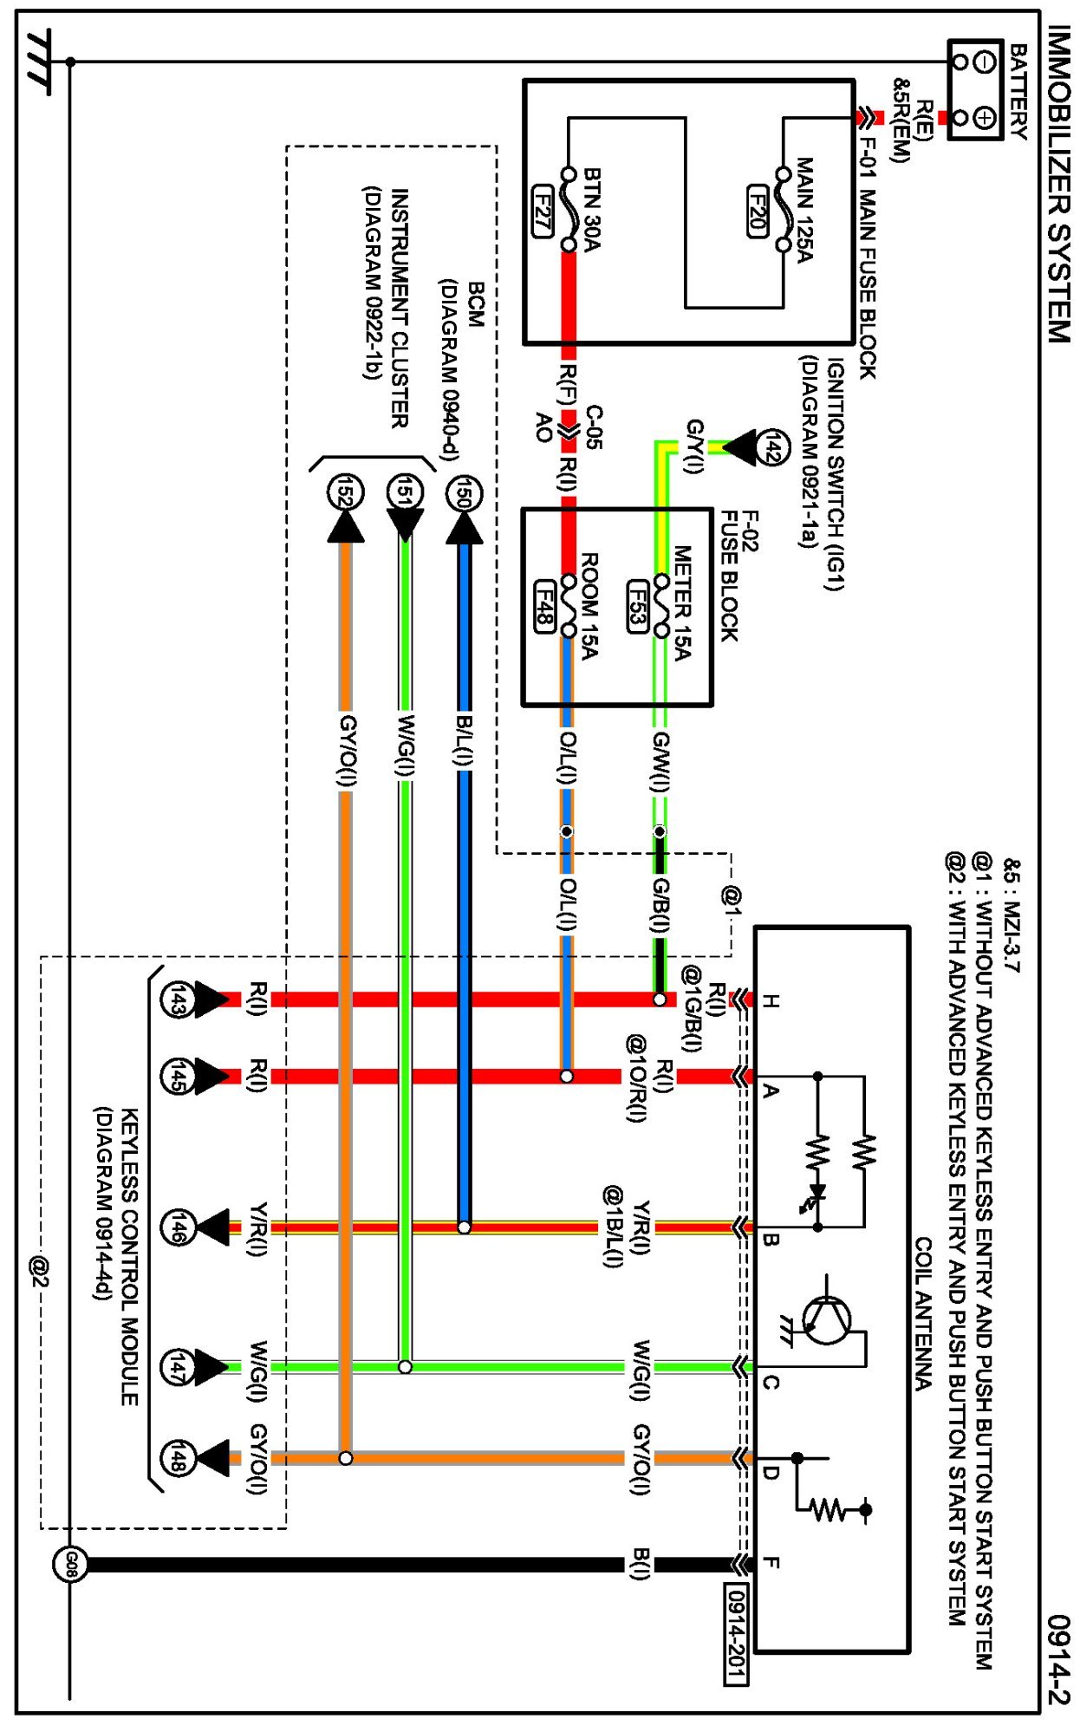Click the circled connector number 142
(x=771, y=449)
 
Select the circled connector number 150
(x=464, y=495)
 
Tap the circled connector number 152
(x=345, y=495)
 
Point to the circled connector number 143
(x=176, y=1001)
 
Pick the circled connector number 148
(x=177, y=1458)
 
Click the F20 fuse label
(x=757, y=211)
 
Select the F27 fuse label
(x=543, y=211)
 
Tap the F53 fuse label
(x=637, y=607)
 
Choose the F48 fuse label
(x=543, y=607)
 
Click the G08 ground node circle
(x=70, y=1565)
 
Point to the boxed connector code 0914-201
(x=736, y=1634)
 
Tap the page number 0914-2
(x=1059, y=1659)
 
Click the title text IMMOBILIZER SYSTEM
(x=1059, y=183)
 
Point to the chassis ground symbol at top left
(x=39, y=61)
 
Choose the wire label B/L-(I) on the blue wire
(x=465, y=740)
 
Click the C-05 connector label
(x=594, y=426)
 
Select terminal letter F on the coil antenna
(x=771, y=1563)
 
